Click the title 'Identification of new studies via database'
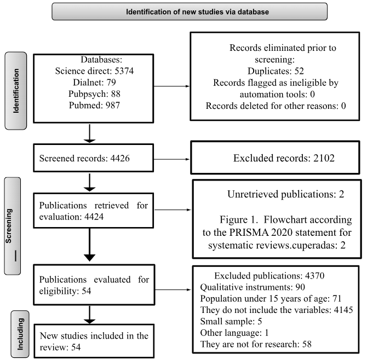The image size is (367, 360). click(x=197, y=11)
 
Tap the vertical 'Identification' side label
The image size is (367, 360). click(x=16, y=91)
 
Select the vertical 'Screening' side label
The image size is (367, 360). click(x=9, y=226)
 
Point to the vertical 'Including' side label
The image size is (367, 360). click(x=20, y=334)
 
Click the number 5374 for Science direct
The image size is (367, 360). click(x=124, y=71)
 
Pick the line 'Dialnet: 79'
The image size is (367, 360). click(x=94, y=82)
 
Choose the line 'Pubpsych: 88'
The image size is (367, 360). click(x=94, y=94)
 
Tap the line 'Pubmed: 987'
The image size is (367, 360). click(x=94, y=105)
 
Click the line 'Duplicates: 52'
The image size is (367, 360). click(x=276, y=71)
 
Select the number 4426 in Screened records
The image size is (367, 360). click(x=120, y=158)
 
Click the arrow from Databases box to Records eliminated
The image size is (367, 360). click(x=171, y=86)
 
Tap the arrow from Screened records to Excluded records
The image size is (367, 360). click(x=171, y=159)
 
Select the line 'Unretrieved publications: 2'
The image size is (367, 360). click(x=286, y=194)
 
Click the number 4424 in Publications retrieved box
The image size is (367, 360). click(x=94, y=217)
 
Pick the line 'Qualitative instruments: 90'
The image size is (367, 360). click(x=253, y=287)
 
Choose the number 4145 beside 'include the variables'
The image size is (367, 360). click(x=343, y=310)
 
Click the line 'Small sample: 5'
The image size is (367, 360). click(x=231, y=322)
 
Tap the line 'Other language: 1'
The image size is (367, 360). click(x=234, y=333)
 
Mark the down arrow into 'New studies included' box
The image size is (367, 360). click(x=89, y=315)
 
